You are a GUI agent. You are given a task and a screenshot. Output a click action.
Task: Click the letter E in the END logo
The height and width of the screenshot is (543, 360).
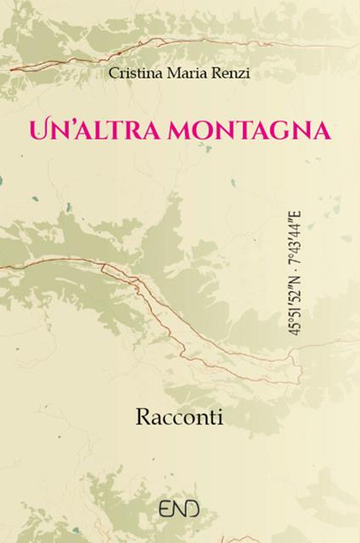[x=169, y=512]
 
